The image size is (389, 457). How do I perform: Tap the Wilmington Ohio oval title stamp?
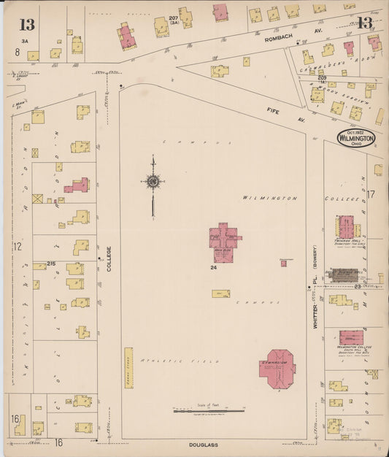(357, 137)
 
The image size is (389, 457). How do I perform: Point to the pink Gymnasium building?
(277, 366)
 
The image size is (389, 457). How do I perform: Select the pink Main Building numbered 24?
(225, 241)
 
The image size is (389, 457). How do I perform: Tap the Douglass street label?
(201, 443)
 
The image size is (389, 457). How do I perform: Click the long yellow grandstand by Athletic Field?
(128, 367)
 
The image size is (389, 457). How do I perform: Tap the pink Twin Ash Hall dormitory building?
(344, 226)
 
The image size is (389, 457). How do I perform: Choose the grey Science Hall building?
(343, 274)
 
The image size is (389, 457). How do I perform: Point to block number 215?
(51, 264)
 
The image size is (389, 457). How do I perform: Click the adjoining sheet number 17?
(371, 194)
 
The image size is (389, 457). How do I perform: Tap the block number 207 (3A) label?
(174, 20)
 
